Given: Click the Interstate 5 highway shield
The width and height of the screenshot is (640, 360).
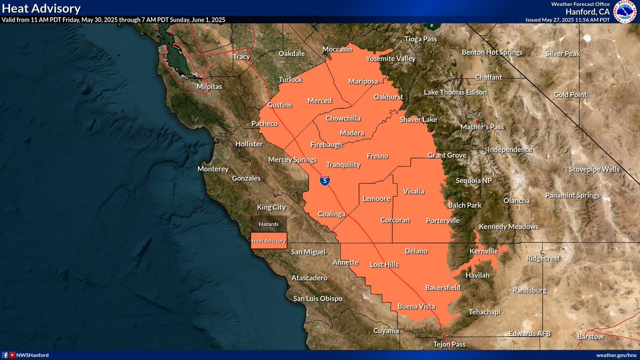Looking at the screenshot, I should (x=324, y=181).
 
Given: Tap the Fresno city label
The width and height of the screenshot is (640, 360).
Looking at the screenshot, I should (x=378, y=156).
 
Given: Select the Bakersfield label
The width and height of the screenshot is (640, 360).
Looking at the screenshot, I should (x=443, y=287).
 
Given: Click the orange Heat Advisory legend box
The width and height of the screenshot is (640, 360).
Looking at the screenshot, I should (x=269, y=241).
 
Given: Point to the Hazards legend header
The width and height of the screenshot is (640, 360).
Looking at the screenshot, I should (x=269, y=225).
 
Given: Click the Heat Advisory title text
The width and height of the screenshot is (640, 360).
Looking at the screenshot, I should (x=42, y=9).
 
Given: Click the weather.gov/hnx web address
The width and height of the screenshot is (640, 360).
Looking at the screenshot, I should (x=616, y=355).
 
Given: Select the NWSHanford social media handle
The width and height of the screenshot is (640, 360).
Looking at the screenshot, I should (x=33, y=355).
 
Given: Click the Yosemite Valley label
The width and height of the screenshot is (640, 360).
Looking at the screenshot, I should (x=390, y=59).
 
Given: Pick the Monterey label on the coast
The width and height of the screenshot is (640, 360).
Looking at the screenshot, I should (x=213, y=169).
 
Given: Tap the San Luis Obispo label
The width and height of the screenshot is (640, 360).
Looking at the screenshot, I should (x=318, y=298).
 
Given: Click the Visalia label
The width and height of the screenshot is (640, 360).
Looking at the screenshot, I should (x=413, y=191).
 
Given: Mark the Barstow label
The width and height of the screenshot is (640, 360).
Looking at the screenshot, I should (x=590, y=337).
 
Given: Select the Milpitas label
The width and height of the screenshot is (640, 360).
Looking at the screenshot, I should (x=210, y=86).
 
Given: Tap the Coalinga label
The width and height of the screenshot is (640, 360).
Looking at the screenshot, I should (x=332, y=214).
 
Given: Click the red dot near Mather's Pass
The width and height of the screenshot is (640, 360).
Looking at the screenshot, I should (x=478, y=121).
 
